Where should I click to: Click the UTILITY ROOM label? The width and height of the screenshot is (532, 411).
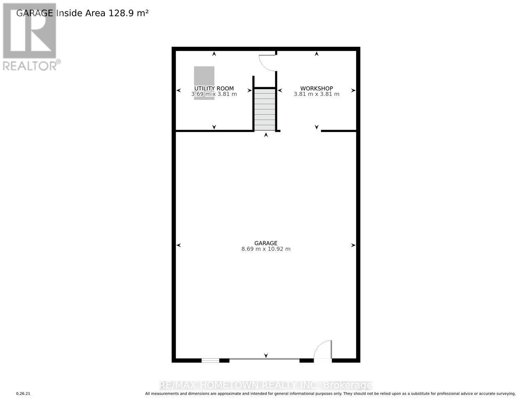tap(214, 88)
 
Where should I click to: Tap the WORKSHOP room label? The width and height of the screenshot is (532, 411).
tap(316, 88)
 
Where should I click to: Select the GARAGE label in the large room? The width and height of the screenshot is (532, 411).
tap(266, 243)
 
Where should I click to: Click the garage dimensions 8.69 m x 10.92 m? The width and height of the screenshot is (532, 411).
tap(266, 249)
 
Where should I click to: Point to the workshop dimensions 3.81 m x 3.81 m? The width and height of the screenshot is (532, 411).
tap(316, 94)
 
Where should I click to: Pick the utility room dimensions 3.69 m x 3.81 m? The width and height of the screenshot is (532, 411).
tap(214, 94)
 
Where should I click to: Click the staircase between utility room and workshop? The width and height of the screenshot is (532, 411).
tap(265, 110)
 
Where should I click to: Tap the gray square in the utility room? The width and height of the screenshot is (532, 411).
tap(204, 76)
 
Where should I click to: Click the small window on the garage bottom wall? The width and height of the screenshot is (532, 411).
tap(210, 360)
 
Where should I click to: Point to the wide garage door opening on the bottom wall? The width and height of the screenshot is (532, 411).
tap(264, 360)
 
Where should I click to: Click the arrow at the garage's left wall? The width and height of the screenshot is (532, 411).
tap(179, 245)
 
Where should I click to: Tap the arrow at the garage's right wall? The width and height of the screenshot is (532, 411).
tap(353, 245)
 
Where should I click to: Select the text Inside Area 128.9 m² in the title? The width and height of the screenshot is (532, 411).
tap(102, 13)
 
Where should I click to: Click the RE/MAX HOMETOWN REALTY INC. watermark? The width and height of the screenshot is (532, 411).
tap(266, 386)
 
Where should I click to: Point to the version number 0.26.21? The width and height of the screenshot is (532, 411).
tap(23, 394)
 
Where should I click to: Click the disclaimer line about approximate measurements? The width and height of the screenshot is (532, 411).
tap(330, 394)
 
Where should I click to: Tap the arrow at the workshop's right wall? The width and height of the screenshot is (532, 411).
tap(353, 90)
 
